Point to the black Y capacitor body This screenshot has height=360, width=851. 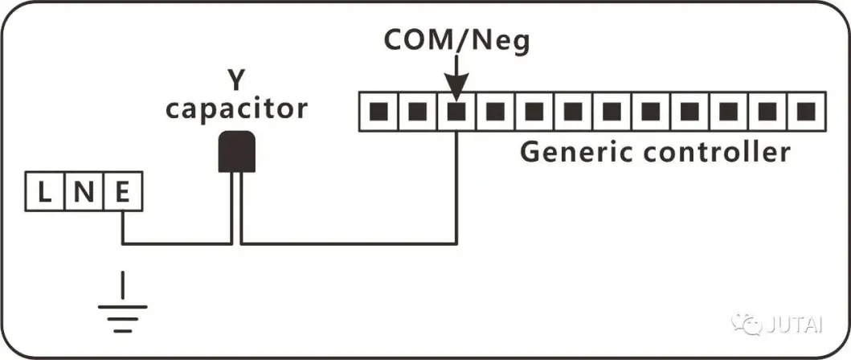[x=237, y=151]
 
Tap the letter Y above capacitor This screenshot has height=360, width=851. [x=236, y=80]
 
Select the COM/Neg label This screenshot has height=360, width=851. [x=456, y=40]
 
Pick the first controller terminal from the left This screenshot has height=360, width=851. [x=378, y=111]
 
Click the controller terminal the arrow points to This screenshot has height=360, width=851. [x=456, y=111]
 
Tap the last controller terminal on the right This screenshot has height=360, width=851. [x=806, y=111]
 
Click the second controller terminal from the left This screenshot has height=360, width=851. [x=417, y=111]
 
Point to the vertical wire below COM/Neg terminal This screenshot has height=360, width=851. [x=456, y=185]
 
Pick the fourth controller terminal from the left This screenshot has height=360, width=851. [x=495, y=111]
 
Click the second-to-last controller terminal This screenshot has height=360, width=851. [x=767, y=111]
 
